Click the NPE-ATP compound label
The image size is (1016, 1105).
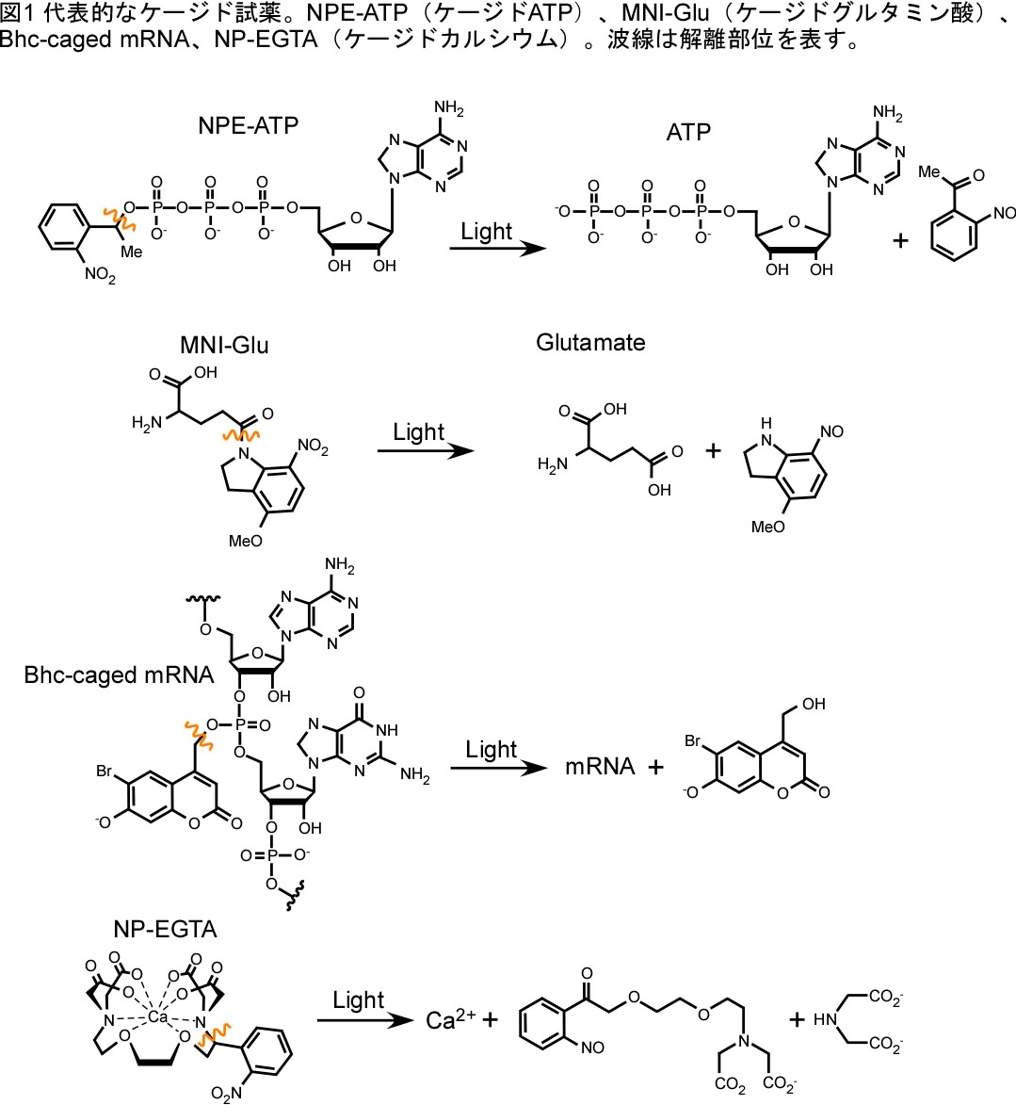click(x=248, y=125)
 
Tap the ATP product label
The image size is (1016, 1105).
click(x=687, y=132)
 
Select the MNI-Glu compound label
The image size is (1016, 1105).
click(x=224, y=346)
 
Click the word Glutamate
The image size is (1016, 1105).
click(x=590, y=342)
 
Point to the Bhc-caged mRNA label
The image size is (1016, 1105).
click(x=119, y=674)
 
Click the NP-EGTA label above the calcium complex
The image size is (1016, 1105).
click(x=165, y=929)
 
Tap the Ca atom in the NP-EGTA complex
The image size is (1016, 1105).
click(x=158, y=1017)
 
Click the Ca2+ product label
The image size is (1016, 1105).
click(x=450, y=1020)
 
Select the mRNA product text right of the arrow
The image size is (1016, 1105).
click(x=600, y=767)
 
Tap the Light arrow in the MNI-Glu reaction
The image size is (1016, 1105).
click(x=426, y=450)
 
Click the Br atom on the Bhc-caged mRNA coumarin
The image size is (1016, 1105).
click(x=104, y=772)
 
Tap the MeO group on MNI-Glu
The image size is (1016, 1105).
click(x=247, y=541)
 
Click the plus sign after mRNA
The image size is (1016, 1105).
click(x=655, y=768)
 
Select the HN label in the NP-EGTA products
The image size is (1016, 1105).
click(x=825, y=1019)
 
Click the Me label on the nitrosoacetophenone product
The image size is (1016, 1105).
click(x=929, y=171)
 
